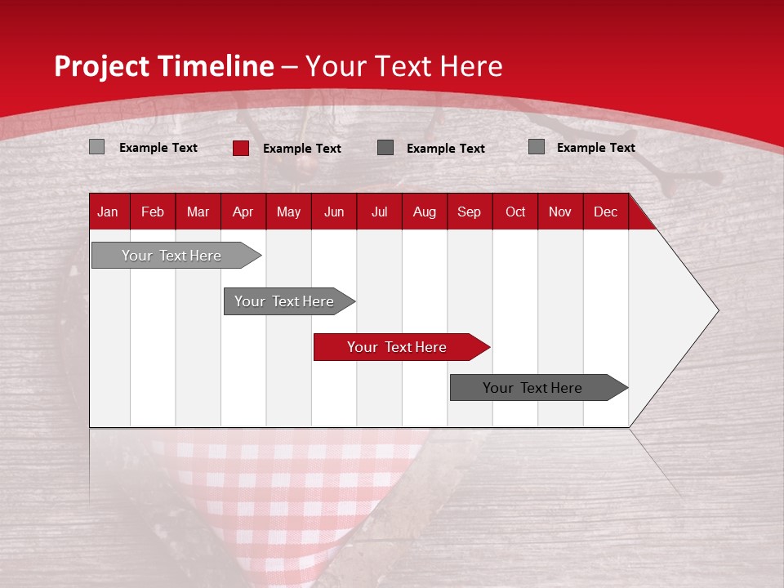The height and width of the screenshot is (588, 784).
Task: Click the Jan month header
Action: pos(108,212)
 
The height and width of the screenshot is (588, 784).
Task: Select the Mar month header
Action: pos(198,212)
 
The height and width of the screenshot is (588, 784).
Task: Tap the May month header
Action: pos(288,212)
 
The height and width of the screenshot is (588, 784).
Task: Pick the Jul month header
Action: pos(379,212)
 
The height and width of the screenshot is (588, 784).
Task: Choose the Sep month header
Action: pos(469,212)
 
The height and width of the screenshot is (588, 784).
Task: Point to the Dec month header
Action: pos(605,212)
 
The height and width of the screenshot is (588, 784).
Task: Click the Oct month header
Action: pos(515,212)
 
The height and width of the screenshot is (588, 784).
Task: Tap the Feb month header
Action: pos(153,212)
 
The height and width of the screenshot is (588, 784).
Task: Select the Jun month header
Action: pos(334,212)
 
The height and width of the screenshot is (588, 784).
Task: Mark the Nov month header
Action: pos(560,212)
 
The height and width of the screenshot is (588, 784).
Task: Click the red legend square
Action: pos(241,148)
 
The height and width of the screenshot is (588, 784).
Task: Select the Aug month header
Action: pos(424,212)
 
